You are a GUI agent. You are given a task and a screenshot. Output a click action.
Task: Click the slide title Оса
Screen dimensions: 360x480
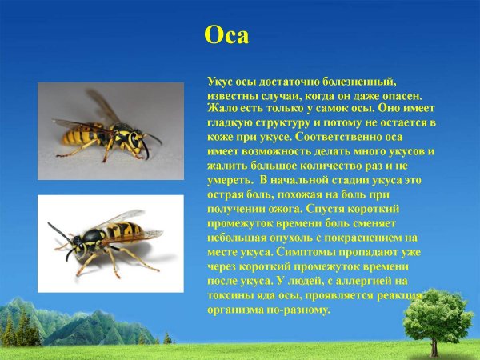point(228,36)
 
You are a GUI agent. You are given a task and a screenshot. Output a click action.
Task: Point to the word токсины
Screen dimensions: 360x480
point(233,294)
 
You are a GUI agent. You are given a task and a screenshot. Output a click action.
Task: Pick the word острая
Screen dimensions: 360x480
point(227,194)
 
